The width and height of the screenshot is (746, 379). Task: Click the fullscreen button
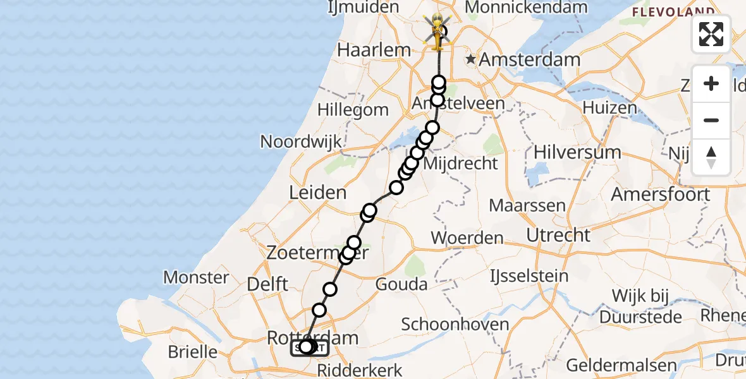pyautogui.click(x=711, y=34)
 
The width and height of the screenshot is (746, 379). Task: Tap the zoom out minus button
pyautogui.click(x=711, y=120)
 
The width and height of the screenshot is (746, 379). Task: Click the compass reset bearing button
pyautogui.click(x=711, y=157)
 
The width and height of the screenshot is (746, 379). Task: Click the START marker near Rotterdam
pyautogui.click(x=309, y=347)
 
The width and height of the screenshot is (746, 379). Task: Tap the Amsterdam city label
pyautogui.click(x=529, y=60)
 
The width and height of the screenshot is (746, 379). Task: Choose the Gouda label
pyautogui.click(x=401, y=284)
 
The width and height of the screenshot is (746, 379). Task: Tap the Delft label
pyautogui.click(x=267, y=284)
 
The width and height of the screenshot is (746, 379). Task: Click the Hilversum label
pyautogui.click(x=578, y=152)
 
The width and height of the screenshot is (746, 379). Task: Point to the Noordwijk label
pyautogui.click(x=301, y=141)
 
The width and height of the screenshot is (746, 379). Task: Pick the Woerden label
pyautogui.click(x=467, y=238)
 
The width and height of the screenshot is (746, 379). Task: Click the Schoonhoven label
pyautogui.click(x=455, y=325)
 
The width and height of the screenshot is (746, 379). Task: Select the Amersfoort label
pyautogui.click(x=661, y=194)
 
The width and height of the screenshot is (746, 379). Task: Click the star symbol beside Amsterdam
pyautogui.click(x=470, y=60)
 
